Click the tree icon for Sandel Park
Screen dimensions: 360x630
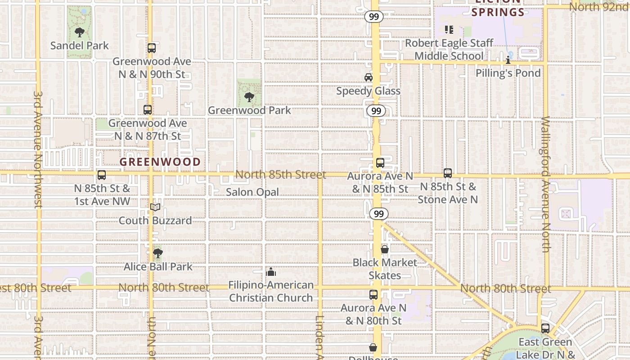coord(80,32)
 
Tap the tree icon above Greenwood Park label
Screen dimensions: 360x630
coord(249,97)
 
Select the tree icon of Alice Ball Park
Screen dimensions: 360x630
coord(157,253)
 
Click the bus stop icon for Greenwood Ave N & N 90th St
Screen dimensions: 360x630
coord(152,48)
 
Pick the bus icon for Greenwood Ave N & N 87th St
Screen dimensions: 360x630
coord(148,109)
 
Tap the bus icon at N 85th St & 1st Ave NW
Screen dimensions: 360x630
coord(102,175)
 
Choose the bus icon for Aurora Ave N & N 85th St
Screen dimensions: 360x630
coord(380,163)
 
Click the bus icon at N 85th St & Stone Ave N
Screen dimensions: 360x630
coord(448,173)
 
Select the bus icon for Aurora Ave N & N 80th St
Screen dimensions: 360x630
coord(373,295)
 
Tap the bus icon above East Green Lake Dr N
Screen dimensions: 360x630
coord(545,328)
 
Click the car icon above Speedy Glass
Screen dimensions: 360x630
coord(369,77)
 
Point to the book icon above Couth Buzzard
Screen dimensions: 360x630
coord(155,207)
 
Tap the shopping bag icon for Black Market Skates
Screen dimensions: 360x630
coord(385,249)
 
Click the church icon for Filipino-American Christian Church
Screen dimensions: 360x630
coord(271,272)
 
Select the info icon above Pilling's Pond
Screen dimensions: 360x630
coord(508,59)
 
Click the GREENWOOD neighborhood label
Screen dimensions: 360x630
coord(160,162)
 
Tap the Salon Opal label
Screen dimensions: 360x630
coord(252,192)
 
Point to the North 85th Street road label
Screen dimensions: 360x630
coord(281,175)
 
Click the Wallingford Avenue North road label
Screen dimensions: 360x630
coord(545,184)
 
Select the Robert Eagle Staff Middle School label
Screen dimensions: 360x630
coord(449,49)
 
